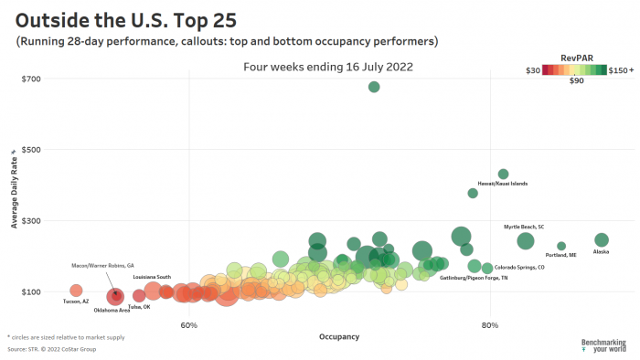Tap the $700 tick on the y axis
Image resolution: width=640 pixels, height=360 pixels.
tap(31, 79)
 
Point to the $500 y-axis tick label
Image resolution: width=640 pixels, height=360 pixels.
tap(31, 150)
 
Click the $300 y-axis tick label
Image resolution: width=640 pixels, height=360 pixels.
tap(31, 221)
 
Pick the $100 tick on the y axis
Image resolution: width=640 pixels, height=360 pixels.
tap(31, 292)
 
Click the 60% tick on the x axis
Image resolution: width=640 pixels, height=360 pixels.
tap(189, 325)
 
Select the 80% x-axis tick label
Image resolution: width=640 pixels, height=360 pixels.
tap(490, 325)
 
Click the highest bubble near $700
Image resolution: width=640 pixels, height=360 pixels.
tap(374, 87)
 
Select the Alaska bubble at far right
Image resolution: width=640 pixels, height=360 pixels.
tap(602, 240)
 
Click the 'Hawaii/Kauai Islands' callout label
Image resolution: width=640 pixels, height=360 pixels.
tap(503, 184)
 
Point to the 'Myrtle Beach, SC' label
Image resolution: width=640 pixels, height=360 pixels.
tap(524, 227)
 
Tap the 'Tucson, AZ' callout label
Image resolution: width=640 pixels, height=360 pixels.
tap(76, 302)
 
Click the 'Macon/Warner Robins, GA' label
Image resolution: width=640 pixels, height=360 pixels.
tap(102, 266)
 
